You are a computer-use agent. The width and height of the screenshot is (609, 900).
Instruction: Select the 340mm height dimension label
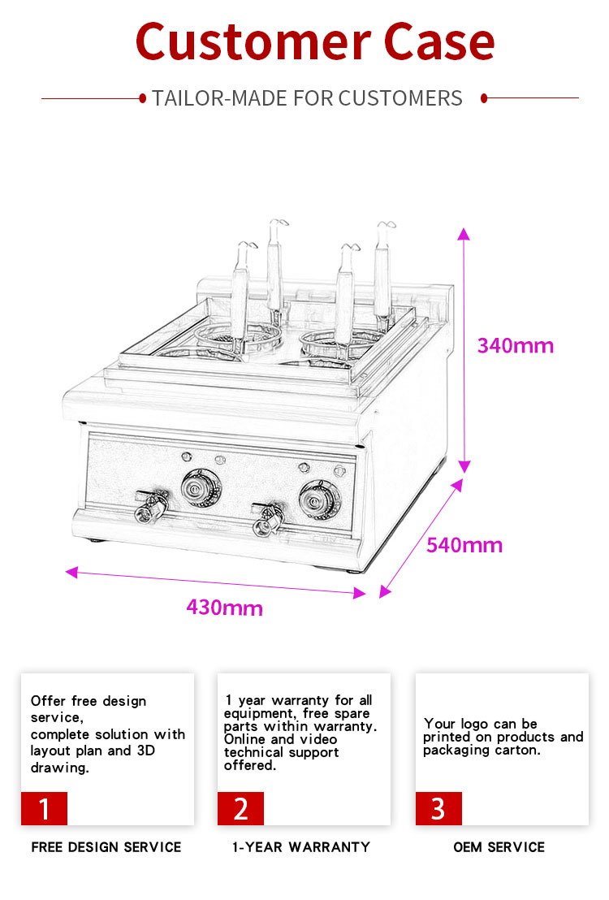coord(515,346)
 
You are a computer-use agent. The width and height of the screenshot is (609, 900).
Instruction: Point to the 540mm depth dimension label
coord(464,545)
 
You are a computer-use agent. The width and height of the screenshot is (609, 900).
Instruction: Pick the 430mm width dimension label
coord(224,608)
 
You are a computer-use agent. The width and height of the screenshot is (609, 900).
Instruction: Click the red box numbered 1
coord(44,808)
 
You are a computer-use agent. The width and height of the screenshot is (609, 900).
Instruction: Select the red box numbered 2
coord(240,808)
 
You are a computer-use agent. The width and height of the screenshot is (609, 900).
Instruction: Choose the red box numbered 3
coord(438,808)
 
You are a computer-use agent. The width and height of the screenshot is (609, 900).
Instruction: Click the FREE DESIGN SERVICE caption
coord(106,847)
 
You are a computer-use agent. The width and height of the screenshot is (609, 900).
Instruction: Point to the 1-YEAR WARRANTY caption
coord(301,847)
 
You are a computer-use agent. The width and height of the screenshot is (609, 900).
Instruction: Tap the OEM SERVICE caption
coord(499,847)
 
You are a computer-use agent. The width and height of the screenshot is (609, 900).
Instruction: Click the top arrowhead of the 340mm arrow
coord(464,234)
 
